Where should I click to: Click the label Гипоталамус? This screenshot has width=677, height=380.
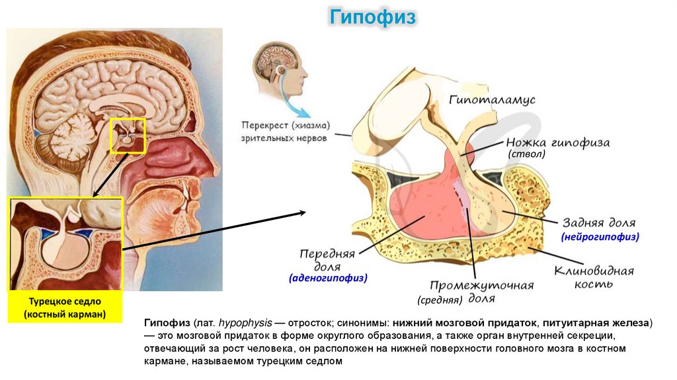click(x=492, y=100)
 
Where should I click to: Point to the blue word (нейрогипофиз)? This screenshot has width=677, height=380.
click(x=600, y=236)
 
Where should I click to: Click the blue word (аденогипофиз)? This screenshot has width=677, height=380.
click(x=328, y=279)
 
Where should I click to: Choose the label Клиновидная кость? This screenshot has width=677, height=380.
click(x=594, y=277)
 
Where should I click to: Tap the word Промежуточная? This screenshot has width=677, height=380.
click(x=482, y=285)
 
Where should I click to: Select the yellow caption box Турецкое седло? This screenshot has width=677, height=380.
click(x=65, y=308)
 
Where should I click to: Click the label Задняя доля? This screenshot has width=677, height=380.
click(x=599, y=223)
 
